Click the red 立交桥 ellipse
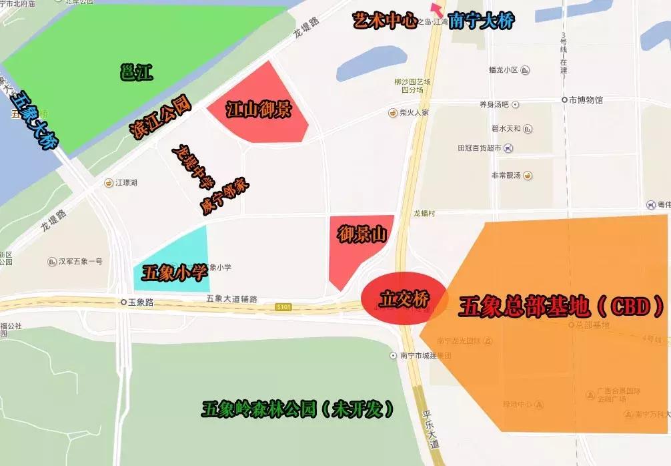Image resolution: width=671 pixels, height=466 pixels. (404, 298)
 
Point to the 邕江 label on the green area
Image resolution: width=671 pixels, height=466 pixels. (137, 72)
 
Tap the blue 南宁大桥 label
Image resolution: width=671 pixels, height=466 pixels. (481, 21)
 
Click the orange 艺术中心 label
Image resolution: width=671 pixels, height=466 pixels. (386, 21)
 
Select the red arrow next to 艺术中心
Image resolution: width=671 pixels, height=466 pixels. (437, 9)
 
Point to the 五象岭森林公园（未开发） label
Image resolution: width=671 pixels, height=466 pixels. (298, 409)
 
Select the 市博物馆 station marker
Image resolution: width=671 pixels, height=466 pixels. (564, 100)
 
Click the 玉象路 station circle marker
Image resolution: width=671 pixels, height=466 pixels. (123, 302)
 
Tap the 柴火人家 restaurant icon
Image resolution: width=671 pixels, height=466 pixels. (393, 113)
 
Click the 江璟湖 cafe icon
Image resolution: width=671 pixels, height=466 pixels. (109, 182)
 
